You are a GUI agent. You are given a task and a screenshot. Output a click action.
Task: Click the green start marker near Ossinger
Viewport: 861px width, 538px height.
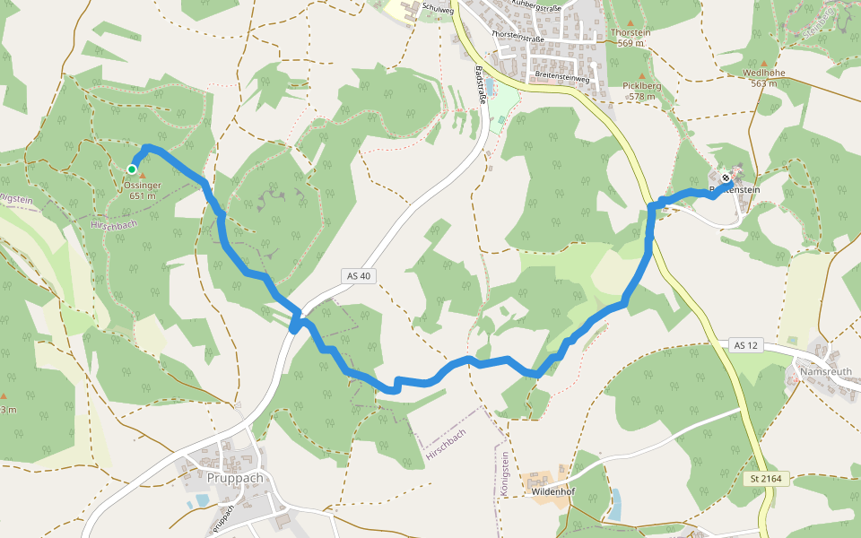coord(132,169)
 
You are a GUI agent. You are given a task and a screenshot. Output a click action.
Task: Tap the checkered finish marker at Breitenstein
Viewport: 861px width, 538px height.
coord(726,177)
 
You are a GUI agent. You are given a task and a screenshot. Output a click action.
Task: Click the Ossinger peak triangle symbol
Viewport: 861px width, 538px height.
coord(142,176)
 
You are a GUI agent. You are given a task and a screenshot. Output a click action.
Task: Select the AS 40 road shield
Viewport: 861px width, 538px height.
coord(357,276)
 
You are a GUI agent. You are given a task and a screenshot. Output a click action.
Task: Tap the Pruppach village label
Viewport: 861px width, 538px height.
coord(235,478)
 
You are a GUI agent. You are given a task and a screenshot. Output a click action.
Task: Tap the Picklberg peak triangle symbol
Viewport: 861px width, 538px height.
coord(640,76)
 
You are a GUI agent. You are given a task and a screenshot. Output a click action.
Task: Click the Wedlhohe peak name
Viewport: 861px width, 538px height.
coord(763,73)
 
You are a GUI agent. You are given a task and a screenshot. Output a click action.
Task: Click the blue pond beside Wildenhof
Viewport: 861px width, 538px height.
coord(614,505)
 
